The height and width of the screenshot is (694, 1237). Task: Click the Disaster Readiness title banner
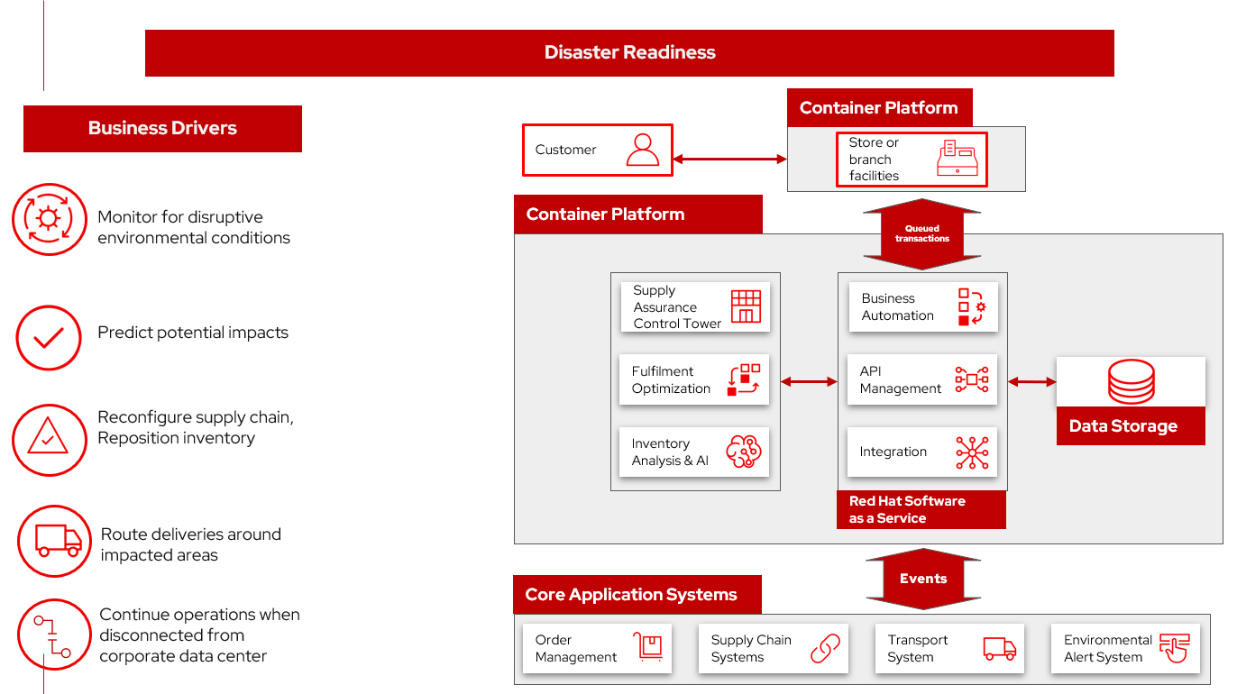tap(629, 52)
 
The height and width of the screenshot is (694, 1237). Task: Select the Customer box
tap(597, 150)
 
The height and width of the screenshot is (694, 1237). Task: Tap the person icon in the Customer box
tap(643, 150)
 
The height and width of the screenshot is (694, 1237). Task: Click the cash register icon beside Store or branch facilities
tap(958, 159)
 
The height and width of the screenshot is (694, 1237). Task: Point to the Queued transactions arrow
tap(921, 234)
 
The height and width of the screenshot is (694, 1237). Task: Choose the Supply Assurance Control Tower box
tap(694, 306)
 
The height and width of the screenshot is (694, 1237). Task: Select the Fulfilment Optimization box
tap(694, 379)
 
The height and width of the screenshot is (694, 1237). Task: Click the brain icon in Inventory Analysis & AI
tap(743, 452)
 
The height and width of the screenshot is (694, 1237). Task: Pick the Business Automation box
tap(922, 306)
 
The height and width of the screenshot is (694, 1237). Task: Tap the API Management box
tap(922, 379)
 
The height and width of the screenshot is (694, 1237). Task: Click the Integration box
tap(922, 452)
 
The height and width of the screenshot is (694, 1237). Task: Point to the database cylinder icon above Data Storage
tap(1131, 381)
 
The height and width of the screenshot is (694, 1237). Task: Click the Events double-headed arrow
tap(923, 579)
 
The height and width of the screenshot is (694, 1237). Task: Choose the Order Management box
tap(597, 648)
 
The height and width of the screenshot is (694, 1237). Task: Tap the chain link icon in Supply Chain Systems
tap(824, 648)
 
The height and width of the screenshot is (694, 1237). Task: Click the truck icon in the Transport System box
tap(999, 648)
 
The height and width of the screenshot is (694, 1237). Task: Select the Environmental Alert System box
tap(1125, 648)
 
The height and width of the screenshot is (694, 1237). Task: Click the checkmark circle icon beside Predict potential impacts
tap(49, 338)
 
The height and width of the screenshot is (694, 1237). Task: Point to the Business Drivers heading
tap(162, 128)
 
